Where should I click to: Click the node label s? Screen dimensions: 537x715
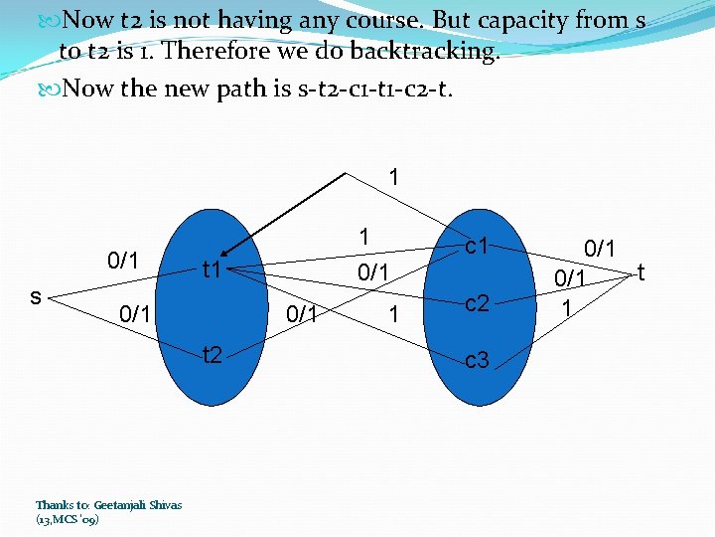pyautogui.click(x=36, y=296)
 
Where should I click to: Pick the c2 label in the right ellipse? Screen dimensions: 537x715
pyautogui.click(x=477, y=303)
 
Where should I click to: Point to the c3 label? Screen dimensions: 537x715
pyautogui.click(x=477, y=359)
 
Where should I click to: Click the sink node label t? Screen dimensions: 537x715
pyautogui.click(x=642, y=270)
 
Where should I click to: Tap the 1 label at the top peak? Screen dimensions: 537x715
pyautogui.click(x=394, y=179)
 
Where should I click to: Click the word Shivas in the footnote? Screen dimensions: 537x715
pyautogui.click(x=166, y=504)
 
